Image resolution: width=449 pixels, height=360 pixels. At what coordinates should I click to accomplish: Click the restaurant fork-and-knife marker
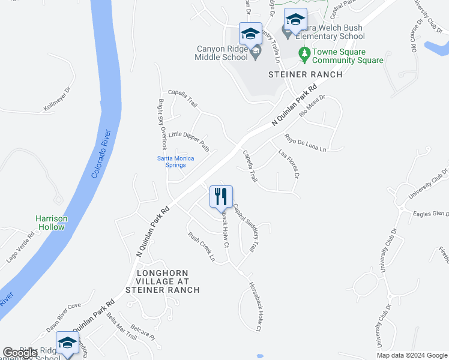tap(221, 196)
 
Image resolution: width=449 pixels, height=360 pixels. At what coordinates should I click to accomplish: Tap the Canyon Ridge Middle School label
tap(221, 53)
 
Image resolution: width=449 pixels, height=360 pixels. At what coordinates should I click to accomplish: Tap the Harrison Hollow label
tap(51, 223)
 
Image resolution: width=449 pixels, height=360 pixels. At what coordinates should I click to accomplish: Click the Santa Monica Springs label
tap(175, 161)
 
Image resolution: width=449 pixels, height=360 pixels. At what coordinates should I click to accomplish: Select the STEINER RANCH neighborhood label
tap(305, 74)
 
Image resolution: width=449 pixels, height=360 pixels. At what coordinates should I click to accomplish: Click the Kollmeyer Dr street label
tap(58, 99)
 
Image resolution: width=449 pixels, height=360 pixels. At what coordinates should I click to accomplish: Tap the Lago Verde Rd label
tap(21, 247)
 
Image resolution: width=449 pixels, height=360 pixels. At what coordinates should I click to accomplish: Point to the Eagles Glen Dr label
tap(431, 214)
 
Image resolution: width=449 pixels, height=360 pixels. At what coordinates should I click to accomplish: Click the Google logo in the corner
tap(20, 353)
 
